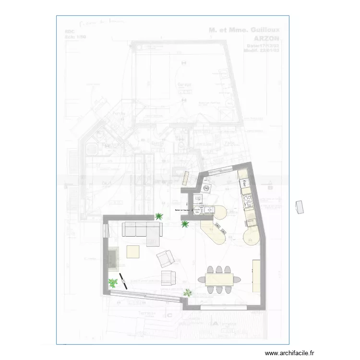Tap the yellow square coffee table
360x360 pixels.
tap(133, 252)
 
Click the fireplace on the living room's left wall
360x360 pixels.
tap(113, 259)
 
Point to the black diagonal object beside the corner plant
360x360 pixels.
tap(123, 280)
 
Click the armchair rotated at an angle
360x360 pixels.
tap(165, 258)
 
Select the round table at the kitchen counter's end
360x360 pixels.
tap(252, 237)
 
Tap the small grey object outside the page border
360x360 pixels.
tap(300, 207)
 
